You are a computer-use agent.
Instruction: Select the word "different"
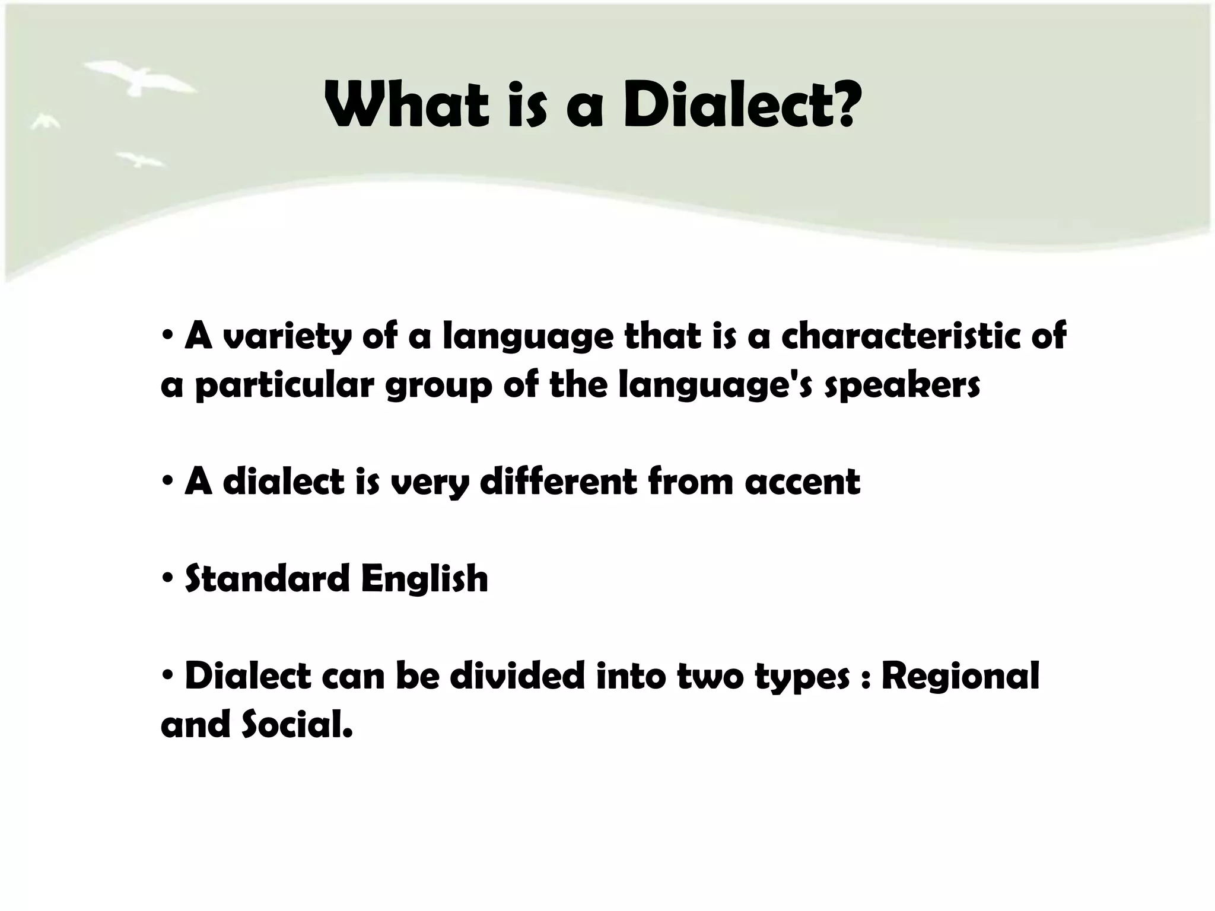558,481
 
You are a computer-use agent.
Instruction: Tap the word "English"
425,578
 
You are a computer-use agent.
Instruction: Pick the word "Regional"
960,677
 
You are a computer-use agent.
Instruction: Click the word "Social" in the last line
297,725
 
